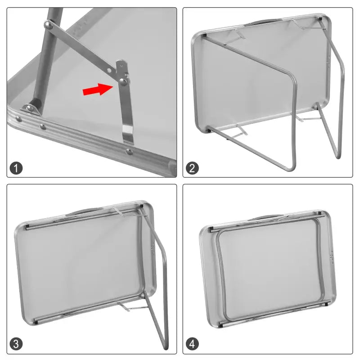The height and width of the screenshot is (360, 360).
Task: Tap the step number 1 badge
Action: click(x=16, y=169)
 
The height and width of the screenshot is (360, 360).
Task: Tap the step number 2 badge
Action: click(x=193, y=169)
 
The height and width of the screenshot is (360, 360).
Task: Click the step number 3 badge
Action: click(x=16, y=345)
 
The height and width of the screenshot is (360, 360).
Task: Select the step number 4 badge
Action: click(x=193, y=345)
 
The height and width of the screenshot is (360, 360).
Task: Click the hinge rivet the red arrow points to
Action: click(x=122, y=81)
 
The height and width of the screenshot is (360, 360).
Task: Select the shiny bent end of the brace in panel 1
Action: click(x=128, y=134)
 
